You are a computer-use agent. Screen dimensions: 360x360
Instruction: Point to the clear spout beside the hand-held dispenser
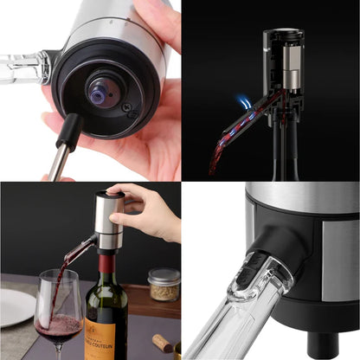[21, 67]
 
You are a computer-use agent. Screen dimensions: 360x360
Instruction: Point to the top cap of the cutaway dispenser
[283, 35]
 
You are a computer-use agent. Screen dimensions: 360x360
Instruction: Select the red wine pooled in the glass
[58, 326]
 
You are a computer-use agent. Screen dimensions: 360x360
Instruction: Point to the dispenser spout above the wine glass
[78, 249]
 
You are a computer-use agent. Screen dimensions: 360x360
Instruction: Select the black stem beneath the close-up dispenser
[323, 345]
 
